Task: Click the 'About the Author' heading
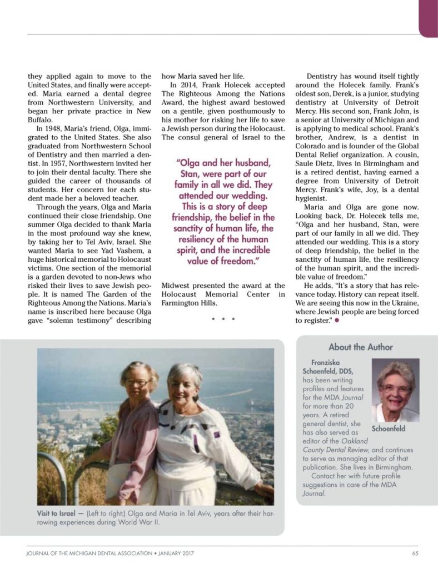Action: pyautogui.click(x=360, y=347)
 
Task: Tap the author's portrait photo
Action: pyautogui.click(x=395, y=390)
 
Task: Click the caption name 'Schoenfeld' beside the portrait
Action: pyautogui.click(x=388, y=428)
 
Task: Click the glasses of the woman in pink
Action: pyautogui.click(x=136, y=382)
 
